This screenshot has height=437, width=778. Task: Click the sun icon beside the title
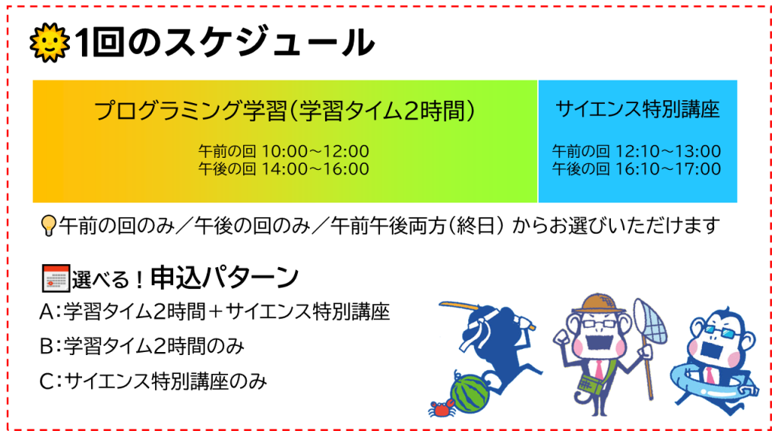(49, 42)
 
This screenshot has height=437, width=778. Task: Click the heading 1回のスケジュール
(225, 42)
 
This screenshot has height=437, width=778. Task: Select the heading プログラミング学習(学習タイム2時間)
(284, 111)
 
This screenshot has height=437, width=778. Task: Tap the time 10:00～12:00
(315, 151)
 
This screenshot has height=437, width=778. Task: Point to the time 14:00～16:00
(315, 169)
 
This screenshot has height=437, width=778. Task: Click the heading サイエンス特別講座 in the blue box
(637, 109)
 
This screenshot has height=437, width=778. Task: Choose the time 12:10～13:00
(668, 151)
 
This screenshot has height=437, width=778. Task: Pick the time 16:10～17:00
(668, 169)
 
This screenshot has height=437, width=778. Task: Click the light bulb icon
(48, 225)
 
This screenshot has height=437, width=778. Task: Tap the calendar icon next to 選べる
(55, 278)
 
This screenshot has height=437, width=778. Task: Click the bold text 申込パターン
(224, 278)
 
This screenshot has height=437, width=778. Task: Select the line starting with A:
(214, 312)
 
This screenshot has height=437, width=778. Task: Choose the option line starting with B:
(142, 346)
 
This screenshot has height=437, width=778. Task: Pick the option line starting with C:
(153, 381)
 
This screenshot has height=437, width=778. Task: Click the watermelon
(470, 394)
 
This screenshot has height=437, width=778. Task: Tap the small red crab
(442, 409)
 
